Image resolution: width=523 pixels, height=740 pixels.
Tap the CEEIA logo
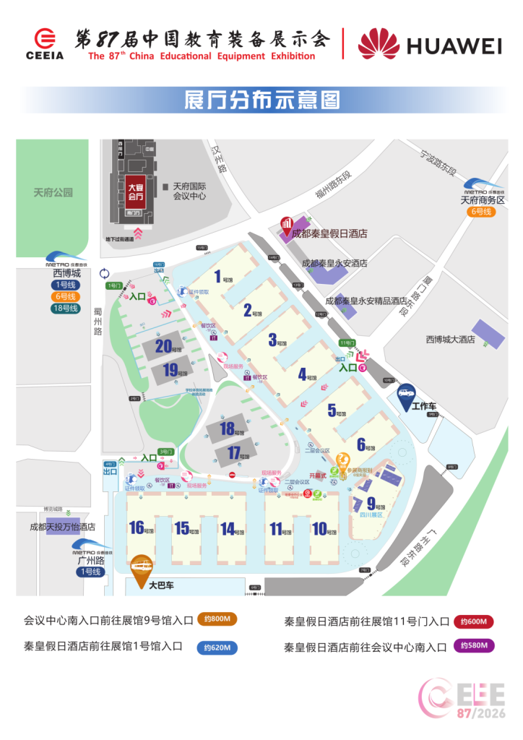tap(45, 44)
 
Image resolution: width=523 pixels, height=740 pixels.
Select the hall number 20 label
tap(163, 346)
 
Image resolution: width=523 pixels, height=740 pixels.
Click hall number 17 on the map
tap(233, 453)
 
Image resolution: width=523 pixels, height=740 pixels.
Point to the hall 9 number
tap(371, 504)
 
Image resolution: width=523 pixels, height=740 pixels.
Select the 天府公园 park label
tap(53, 193)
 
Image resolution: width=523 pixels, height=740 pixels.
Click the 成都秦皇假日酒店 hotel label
tap(329, 233)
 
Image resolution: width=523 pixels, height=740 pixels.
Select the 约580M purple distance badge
tap(474, 645)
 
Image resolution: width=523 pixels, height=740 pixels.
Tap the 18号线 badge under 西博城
tap(66, 309)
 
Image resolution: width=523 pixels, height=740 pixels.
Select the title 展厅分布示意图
tap(262, 100)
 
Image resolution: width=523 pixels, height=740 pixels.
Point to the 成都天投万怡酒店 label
tap(63, 527)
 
